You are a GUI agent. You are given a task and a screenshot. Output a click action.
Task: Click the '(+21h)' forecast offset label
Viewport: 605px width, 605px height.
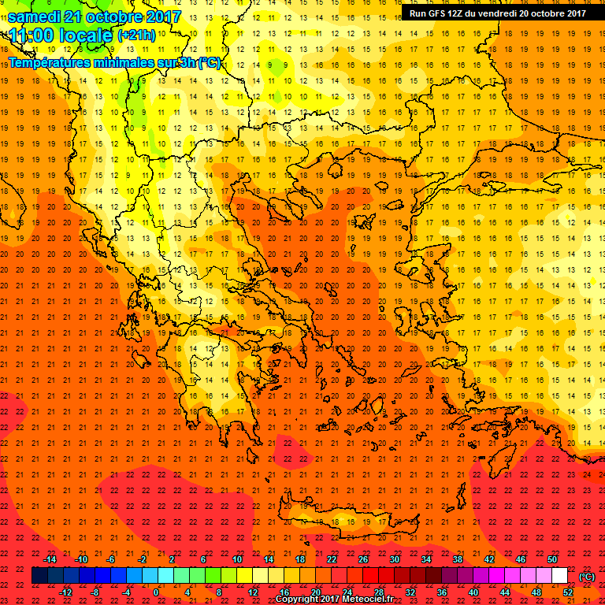click(136, 35)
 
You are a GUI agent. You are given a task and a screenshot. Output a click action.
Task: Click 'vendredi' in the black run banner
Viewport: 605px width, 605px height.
click(495, 13)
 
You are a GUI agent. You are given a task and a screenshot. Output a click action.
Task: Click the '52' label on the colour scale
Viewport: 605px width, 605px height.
click(567, 592)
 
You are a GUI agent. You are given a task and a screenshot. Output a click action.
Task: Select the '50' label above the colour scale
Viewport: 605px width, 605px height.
click(551, 559)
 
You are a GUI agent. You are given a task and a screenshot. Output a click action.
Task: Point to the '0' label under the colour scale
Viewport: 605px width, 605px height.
click(156, 592)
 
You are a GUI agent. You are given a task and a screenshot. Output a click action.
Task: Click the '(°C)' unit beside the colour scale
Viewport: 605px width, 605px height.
click(587, 577)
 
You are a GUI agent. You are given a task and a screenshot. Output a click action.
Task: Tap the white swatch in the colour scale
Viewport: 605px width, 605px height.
click(559, 576)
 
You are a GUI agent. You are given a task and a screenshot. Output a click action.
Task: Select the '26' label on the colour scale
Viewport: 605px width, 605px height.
click(363, 559)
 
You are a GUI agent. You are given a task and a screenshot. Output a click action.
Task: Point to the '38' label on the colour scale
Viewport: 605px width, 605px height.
click(458, 559)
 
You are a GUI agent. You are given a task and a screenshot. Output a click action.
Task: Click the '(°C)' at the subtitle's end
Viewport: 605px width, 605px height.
click(210, 62)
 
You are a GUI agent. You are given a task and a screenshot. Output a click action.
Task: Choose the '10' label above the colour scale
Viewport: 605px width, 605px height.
click(237, 559)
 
